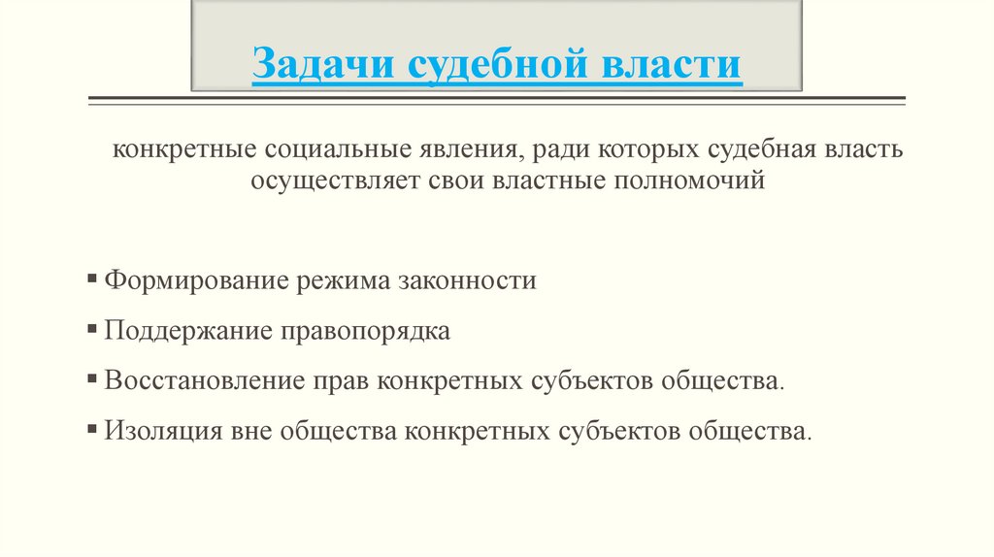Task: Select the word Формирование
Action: (x=188, y=281)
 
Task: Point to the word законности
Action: (x=468, y=281)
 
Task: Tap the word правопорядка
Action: (x=366, y=331)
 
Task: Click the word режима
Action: (x=337, y=281)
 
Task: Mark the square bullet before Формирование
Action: (x=91, y=279)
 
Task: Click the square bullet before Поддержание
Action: (x=91, y=329)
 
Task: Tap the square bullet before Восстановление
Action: (x=91, y=378)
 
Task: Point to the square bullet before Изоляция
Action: (x=91, y=428)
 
